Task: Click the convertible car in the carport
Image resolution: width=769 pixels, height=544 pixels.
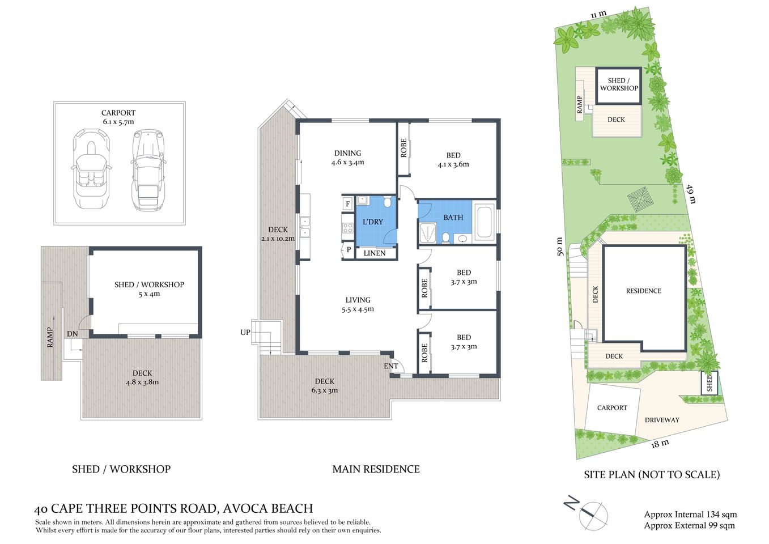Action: (90, 169)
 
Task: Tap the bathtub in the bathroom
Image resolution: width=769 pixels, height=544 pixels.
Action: (485, 221)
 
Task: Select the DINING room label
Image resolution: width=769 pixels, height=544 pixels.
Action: (347, 153)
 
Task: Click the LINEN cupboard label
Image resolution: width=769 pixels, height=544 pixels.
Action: (374, 253)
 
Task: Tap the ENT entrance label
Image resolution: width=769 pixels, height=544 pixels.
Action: (391, 366)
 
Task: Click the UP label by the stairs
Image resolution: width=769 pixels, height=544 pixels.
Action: (245, 332)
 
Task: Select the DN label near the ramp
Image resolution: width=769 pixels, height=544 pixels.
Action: (72, 334)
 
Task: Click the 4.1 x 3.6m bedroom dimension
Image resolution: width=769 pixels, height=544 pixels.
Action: (453, 164)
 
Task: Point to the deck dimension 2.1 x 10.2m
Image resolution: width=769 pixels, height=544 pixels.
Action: (278, 239)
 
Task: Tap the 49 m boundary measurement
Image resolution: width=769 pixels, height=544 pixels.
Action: (691, 194)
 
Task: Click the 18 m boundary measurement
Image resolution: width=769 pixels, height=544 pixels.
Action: (660, 443)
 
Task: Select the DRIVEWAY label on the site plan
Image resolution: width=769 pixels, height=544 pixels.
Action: (661, 420)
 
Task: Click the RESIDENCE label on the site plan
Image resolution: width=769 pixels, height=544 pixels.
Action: (643, 291)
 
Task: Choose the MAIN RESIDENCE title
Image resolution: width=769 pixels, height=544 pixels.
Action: (376, 469)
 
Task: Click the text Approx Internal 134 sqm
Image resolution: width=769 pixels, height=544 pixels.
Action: (690, 515)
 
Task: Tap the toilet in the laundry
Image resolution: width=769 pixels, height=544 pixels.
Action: (388, 202)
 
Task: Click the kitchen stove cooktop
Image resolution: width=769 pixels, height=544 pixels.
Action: (347, 228)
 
